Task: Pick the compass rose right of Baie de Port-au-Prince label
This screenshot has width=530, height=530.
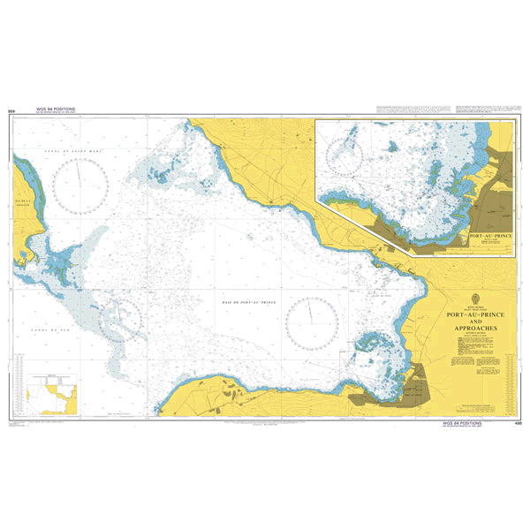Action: tap(311, 324)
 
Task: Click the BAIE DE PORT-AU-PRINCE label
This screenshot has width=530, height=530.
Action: tap(245, 303)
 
